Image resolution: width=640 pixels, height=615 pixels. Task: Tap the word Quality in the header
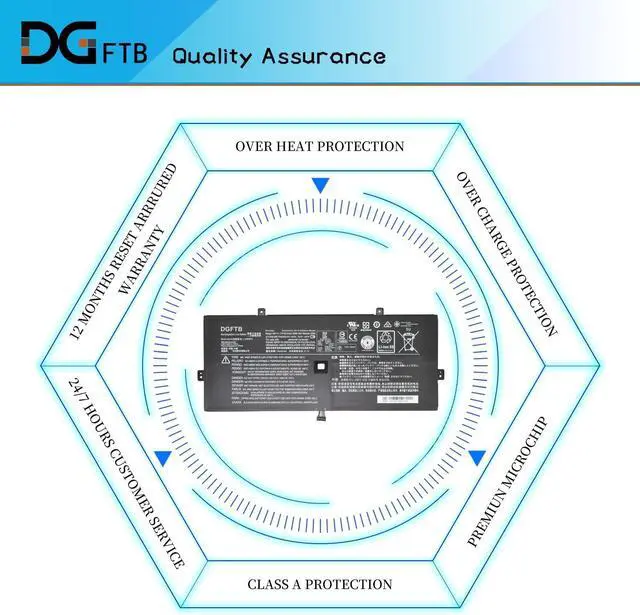(212, 55)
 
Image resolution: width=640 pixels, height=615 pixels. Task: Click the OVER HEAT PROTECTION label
(320, 146)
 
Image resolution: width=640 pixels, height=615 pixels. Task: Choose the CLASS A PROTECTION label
(320, 584)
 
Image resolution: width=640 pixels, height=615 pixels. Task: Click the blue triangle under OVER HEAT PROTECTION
(320, 186)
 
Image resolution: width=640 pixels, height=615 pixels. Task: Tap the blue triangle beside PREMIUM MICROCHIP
(477, 458)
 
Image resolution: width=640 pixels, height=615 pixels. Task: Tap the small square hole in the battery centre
(321, 365)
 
